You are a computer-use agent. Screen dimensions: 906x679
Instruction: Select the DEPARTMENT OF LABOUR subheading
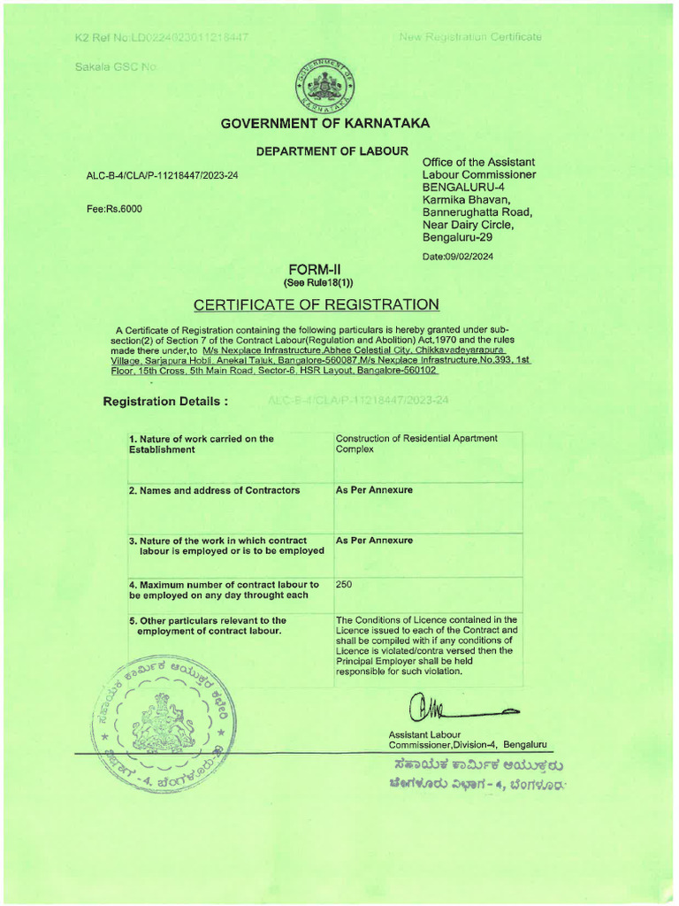[x=332, y=151]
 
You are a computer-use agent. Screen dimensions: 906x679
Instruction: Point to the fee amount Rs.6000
[x=113, y=210]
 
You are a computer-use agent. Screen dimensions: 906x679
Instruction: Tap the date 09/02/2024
[x=458, y=257]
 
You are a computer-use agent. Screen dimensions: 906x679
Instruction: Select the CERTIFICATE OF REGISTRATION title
[x=316, y=304]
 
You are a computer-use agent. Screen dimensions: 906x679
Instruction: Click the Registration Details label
[x=165, y=401]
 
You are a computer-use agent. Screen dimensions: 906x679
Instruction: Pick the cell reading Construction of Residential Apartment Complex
[x=416, y=443]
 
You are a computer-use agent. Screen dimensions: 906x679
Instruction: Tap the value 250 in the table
[x=345, y=585]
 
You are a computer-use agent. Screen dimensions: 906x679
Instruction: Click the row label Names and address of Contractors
[x=214, y=490]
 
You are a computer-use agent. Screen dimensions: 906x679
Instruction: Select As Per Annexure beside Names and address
[x=374, y=490]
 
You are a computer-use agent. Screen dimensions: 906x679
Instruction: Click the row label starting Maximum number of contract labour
[x=224, y=589]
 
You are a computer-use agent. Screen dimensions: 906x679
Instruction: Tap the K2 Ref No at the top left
[x=161, y=37]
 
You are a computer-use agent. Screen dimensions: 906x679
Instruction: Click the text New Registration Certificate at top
[x=470, y=37]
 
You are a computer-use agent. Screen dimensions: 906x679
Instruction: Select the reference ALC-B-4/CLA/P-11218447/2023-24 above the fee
[x=162, y=175]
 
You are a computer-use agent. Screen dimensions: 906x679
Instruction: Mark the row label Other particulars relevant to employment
[x=209, y=626]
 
